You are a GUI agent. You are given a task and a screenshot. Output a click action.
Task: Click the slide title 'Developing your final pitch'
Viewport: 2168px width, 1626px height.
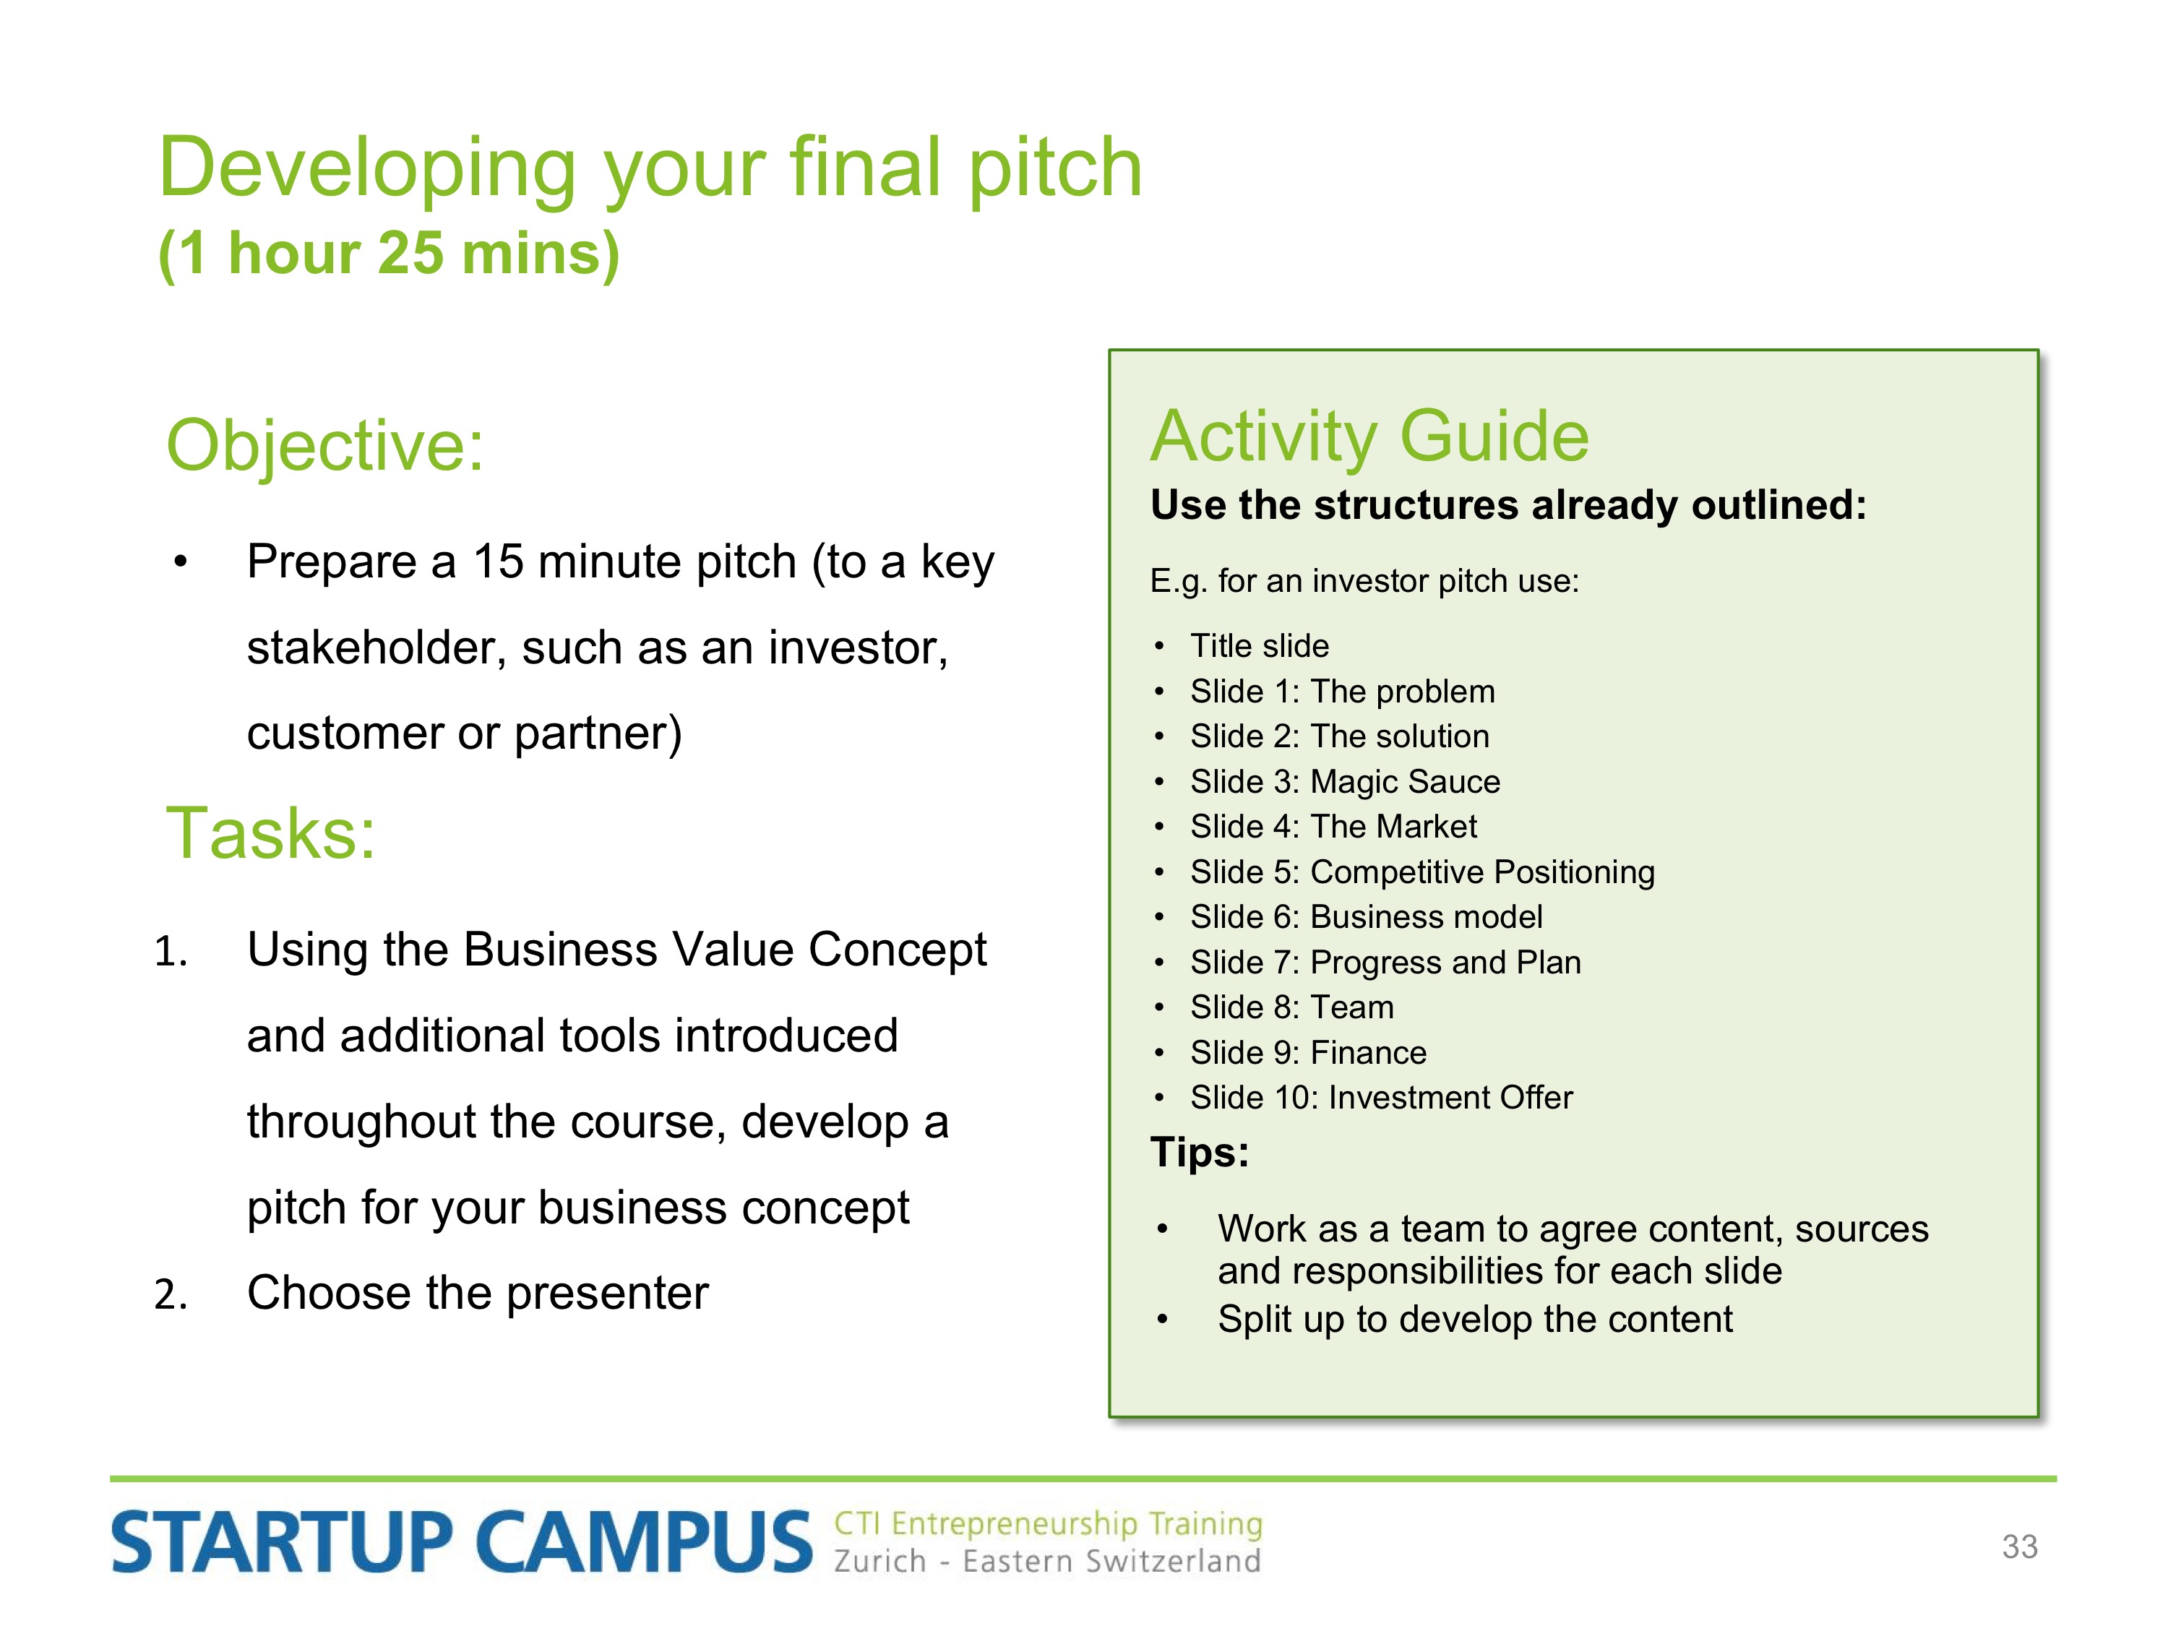651,168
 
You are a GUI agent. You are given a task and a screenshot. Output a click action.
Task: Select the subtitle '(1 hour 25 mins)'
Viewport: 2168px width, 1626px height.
389,254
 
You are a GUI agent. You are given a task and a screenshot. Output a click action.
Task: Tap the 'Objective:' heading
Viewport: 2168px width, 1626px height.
325,446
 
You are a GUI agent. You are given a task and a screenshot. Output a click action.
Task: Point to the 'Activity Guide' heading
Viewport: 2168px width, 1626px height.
1369,436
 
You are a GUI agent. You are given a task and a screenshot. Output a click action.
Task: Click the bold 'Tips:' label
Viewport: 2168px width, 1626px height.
1200,1152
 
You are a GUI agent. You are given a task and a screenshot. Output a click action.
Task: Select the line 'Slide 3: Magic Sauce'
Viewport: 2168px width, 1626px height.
1345,781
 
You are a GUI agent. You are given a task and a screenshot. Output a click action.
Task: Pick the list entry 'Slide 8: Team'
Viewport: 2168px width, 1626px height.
1292,1007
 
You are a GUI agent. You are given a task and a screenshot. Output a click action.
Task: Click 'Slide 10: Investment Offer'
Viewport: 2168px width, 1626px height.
1381,1097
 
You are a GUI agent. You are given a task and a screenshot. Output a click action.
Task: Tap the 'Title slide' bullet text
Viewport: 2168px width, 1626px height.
1260,646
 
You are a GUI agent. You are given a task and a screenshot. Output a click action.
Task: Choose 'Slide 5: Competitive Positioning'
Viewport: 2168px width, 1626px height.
1422,872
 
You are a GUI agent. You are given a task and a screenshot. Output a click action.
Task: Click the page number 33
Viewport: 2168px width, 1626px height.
2020,1546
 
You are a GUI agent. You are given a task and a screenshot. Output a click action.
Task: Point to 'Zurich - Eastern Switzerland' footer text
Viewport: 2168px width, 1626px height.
1046,1560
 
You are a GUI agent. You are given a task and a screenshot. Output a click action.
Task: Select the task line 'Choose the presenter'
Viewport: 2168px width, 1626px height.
477,1293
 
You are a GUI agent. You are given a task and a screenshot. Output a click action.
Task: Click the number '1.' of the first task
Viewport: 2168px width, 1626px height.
171,951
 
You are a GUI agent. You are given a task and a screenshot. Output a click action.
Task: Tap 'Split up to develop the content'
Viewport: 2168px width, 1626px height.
1475,1319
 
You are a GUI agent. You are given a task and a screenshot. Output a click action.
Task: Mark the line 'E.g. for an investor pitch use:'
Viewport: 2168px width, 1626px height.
1364,581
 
